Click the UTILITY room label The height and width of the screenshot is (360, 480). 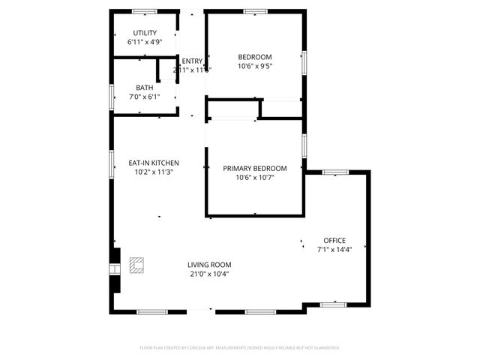145,33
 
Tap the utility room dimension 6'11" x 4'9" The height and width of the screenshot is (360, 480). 145,42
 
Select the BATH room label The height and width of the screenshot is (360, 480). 144,87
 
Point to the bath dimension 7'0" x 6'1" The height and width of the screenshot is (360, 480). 144,96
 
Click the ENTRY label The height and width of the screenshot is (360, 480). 192,61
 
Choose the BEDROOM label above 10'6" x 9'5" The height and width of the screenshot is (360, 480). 255,57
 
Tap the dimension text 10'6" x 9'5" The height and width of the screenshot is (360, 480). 255,66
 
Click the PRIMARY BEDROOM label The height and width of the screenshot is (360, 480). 255,169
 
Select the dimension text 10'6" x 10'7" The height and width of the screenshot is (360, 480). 255,178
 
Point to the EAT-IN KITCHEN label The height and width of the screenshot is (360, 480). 153,163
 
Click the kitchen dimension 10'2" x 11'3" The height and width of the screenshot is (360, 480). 153,172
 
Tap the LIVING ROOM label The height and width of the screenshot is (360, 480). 209,265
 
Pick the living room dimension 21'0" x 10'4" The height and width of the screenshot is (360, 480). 209,274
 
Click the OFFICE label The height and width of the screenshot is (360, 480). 334,240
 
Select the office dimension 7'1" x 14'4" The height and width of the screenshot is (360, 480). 334,249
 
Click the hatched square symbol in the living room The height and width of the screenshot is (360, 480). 136,265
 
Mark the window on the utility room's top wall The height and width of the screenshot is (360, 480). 144,11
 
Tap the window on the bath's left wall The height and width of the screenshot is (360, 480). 112,96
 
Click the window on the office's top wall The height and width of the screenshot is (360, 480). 335,172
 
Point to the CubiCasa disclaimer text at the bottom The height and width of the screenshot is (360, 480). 240,348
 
